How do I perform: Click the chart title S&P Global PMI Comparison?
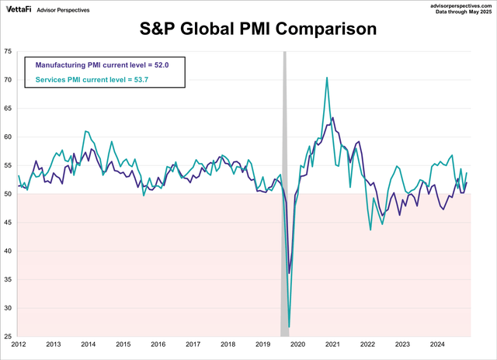coord(257,30)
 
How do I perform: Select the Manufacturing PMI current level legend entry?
coord(102,66)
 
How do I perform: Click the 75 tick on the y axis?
coord(8,51)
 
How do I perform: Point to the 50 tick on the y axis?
coord(8,194)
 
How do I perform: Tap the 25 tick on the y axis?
coord(8,337)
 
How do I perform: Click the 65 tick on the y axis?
coord(8,109)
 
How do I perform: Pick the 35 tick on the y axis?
coord(8,279)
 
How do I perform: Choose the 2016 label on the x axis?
coord(158,344)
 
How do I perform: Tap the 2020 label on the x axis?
coord(297,344)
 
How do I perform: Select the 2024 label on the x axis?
coord(437,344)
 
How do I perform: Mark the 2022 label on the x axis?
coord(367,344)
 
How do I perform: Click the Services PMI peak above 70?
coord(326,78)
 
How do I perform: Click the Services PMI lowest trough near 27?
coord(289,327)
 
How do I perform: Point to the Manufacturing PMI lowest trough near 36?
coord(290,273)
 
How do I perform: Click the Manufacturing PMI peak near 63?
coord(332,118)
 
